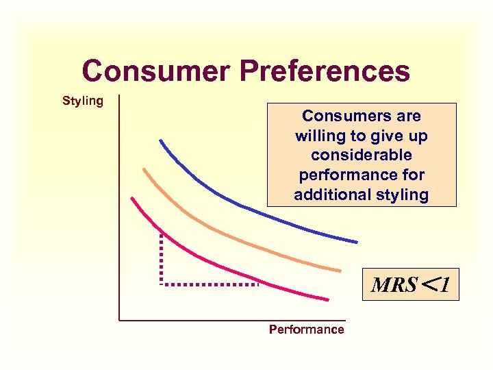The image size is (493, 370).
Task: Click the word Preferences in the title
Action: pos(325,71)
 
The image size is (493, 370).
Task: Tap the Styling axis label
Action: pos(83,101)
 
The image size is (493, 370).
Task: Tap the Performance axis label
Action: pos(306,330)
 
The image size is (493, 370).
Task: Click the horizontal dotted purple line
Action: pos(209,283)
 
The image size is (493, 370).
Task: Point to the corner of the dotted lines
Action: pos(161,283)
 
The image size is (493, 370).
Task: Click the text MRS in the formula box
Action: pos(394,285)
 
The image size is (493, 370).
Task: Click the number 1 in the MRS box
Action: pos(445,285)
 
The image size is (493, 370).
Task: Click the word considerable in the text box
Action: pos(362,156)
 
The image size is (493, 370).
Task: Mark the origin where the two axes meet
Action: pos(119,320)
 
